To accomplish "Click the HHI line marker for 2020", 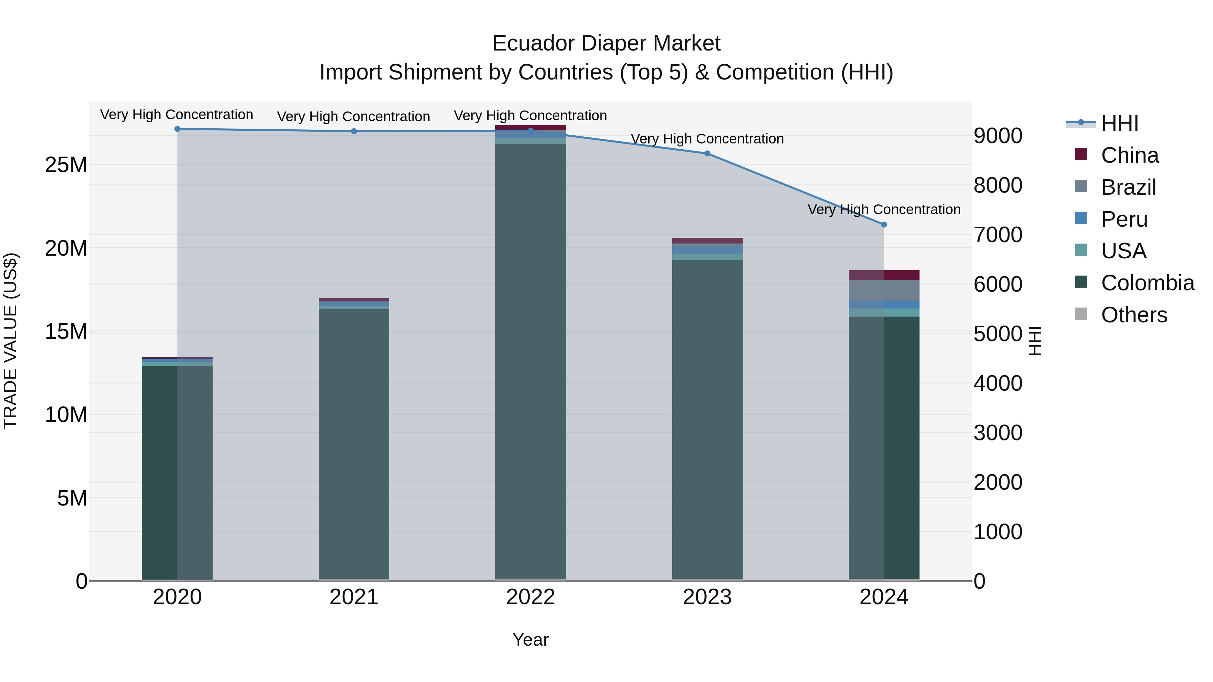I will click(x=177, y=129).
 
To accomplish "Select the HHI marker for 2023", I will click(x=707, y=154).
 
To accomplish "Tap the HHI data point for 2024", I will click(x=884, y=225).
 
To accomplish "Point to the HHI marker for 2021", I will click(x=354, y=131).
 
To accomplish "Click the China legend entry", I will click(x=1129, y=155).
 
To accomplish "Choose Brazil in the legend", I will click(x=1128, y=187).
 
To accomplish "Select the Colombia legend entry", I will click(x=1147, y=283).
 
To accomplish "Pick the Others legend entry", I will click(x=1134, y=315).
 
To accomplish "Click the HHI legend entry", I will click(x=1119, y=123).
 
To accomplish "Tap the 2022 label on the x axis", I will click(x=530, y=597).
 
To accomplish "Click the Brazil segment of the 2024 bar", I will click(x=884, y=290).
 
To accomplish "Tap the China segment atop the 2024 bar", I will click(x=884, y=275).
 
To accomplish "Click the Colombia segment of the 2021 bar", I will click(x=354, y=443).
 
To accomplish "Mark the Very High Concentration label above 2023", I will click(x=707, y=139).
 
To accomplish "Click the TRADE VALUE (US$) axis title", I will click(x=10, y=341).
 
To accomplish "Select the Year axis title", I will click(x=530, y=640).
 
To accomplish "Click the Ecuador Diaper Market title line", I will click(x=606, y=43).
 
